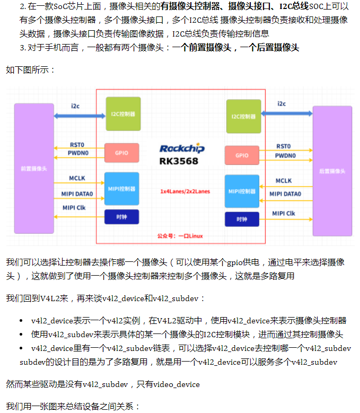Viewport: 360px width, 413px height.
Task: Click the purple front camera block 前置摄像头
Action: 34,169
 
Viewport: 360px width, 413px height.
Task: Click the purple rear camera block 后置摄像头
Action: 332,171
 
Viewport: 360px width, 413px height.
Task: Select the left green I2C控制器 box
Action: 123,113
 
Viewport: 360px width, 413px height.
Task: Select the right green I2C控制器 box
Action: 243,116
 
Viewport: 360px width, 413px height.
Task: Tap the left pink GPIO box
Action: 122,153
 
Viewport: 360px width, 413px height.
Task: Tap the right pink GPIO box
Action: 242,155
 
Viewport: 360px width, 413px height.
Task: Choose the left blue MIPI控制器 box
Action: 122,189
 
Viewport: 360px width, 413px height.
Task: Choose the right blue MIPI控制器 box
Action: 242,191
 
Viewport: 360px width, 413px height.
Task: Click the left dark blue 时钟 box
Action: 122,217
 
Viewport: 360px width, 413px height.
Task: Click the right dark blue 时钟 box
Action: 242,219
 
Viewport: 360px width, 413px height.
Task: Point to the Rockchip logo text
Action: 182,148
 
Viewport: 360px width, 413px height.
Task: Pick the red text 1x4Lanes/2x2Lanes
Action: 182,191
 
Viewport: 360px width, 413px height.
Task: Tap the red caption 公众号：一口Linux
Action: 180,235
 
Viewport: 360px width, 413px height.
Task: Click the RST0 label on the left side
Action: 77,145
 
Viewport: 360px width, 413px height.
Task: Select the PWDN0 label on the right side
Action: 285,155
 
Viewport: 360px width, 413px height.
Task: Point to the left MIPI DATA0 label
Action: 77,194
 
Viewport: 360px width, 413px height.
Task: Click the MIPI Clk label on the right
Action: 284,213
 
